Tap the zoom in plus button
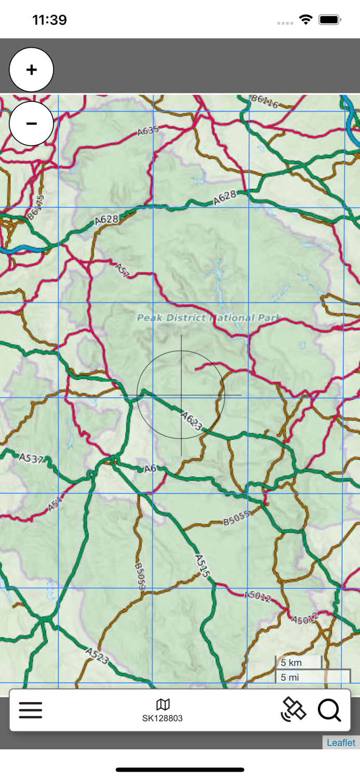coord(32,70)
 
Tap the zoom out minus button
coord(32,124)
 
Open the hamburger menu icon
coord(31,710)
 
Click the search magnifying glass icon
coord(329,710)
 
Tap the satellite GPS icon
coord(294,709)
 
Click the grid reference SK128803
coord(163,718)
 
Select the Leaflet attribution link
coord(341,742)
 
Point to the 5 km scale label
coord(291,663)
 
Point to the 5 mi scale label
coord(291,677)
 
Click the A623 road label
coord(192,421)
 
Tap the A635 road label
coord(148,131)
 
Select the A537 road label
coord(31,459)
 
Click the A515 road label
coord(203,566)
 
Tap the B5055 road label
coord(237,518)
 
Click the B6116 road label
coord(264,101)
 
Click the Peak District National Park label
coord(209,317)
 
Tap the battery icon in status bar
coord(330,20)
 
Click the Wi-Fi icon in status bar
coord(305,20)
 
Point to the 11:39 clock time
coord(49,20)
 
